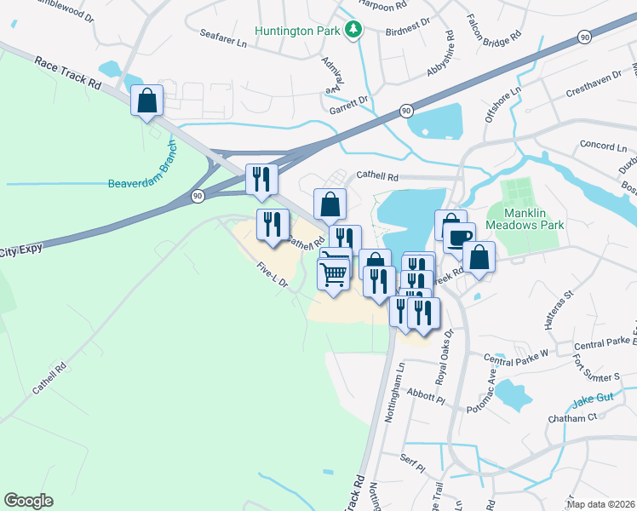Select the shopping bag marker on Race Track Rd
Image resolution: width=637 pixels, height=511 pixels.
[x=147, y=100]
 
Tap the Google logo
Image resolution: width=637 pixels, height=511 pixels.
[x=28, y=501]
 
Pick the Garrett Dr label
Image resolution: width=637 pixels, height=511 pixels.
[x=348, y=100]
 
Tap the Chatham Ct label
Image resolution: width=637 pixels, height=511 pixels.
[x=574, y=418]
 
